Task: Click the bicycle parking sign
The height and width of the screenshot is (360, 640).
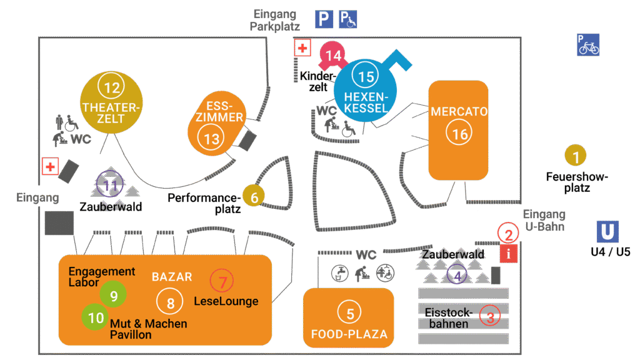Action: [x=588, y=44]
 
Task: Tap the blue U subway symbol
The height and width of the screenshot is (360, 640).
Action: [x=607, y=232]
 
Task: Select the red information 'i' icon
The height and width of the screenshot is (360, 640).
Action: [x=509, y=254]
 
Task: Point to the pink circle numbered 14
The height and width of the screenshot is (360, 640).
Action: [x=334, y=56]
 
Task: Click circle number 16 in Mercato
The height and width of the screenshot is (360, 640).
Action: [x=460, y=134]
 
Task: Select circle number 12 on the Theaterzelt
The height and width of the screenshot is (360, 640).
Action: [x=112, y=88]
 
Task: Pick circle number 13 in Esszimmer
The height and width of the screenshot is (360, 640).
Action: [x=212, y=139]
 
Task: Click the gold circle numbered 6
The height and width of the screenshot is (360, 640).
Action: [x=254, y=197]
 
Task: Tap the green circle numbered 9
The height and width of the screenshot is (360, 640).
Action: [x=114, y=296]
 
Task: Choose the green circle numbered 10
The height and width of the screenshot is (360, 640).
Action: [x=96, y=317]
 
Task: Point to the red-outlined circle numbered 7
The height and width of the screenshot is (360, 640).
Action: [x=222, y=281]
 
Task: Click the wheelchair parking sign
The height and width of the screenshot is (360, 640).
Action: [x=348, y=19]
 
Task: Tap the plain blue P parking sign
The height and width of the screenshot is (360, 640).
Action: [x=324, y=19]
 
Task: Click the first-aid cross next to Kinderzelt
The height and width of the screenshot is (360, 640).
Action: [x=302, y=48]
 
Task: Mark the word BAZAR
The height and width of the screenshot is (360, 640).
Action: [x=172, y=276]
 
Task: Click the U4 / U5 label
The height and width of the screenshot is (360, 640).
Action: [x=611, y=252]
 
